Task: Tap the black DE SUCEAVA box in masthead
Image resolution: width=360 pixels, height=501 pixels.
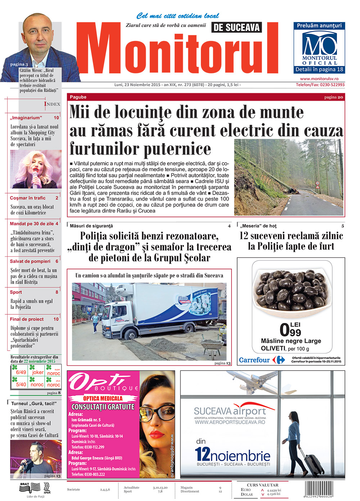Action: pyautogui.click(x=236, y=27)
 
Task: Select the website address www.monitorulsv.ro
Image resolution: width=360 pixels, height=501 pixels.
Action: pyautogui.click(x=319, y=79)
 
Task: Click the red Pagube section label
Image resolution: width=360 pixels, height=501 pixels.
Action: pyautogui.click(x=78, y=97)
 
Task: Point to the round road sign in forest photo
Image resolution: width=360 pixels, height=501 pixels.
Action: pyautogui.click(x=317, y=183)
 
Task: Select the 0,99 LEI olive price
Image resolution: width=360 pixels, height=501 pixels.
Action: pyautogui.click(x=290, y=329)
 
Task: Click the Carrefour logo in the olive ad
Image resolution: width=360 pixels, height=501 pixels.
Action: pyautogui.click(x=262, y=360)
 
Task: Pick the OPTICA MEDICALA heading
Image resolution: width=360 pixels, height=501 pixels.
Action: pyautogui.click(x=103, y=398)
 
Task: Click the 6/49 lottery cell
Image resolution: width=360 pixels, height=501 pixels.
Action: pyautogui.click(x=21, y=372)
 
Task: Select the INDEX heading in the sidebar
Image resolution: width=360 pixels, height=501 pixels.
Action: pyautogui.click(x=52, y=104)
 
